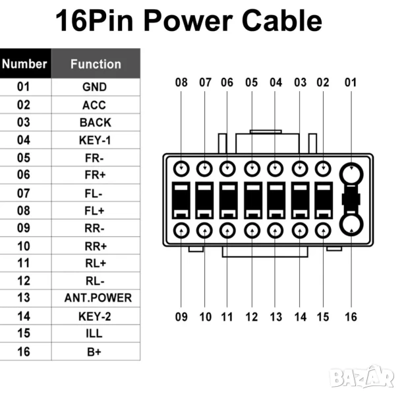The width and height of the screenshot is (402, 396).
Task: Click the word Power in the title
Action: point(193,21)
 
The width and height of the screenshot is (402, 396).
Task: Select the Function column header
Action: point(96,64)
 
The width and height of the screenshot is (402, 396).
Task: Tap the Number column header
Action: point(24,64)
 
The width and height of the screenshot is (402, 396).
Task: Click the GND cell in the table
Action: point(94,86)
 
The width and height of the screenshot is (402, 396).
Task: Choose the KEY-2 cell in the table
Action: point(94,316)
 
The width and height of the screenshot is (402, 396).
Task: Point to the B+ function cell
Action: point(94,352)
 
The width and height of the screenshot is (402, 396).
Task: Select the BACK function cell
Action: point(95,122)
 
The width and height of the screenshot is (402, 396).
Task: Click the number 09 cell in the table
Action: point(24,228)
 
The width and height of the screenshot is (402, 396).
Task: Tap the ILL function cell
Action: point(94,334)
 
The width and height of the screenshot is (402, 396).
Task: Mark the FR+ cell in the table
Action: point(94,175)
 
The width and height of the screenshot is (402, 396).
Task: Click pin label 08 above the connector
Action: point(181,83)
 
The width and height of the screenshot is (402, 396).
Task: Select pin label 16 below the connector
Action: point(351,317)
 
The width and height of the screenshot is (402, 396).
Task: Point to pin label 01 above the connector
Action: point(351,83)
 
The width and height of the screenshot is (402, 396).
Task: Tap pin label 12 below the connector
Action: point(252,317)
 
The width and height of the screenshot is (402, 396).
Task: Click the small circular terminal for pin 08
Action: point(181,168)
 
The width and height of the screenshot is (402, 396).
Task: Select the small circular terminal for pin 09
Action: point(181,231)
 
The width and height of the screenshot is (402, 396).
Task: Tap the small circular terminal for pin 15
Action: point(323,231)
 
